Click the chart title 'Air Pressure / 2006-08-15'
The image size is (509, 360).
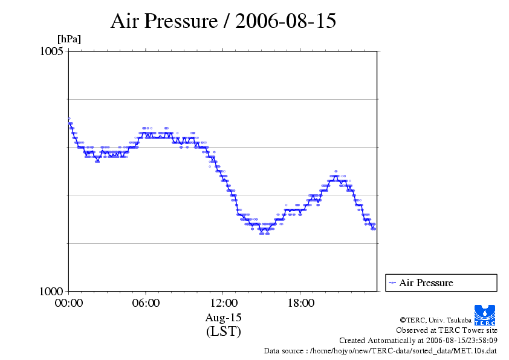point(223,21)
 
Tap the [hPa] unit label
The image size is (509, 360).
point(69,39)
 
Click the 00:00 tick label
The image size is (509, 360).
point(68,303)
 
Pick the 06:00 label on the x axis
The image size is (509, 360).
point(146,303)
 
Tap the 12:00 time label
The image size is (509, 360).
point(223,303)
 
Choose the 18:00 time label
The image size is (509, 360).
point(300,303)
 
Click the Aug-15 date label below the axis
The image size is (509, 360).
point(223,318)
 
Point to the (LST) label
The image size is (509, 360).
point(223,332)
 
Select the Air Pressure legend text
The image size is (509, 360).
point(426,283)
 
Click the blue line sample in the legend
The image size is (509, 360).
point(392,283)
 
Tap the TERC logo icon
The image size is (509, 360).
point(484,314)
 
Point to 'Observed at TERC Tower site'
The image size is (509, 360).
point(446,330)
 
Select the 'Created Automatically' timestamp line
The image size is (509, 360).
point(418,340)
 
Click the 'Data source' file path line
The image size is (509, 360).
point(380,350)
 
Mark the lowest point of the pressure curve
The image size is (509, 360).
point(264,231)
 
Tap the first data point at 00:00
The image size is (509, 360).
point(69,119)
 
